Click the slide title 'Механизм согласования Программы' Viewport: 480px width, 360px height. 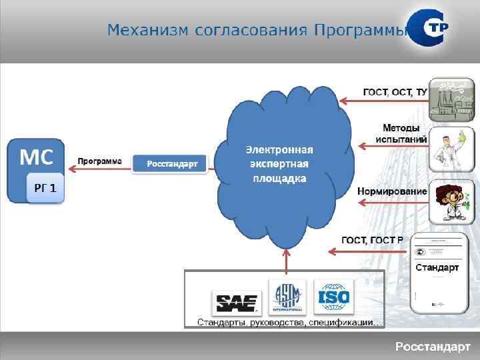click(257, 31)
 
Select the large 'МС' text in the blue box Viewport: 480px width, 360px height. click(36, 157)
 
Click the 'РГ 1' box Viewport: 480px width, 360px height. click(45, 189)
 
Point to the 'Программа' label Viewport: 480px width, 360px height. click(100, 161)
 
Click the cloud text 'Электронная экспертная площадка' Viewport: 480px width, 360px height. click(279, 164)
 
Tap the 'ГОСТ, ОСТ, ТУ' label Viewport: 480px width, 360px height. click(395, 91)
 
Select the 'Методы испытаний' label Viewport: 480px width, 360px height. click(401, 133)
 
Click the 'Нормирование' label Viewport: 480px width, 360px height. click(392, 191)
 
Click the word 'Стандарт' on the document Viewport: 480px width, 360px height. click(437, 268)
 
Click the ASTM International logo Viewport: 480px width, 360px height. click(287, 297)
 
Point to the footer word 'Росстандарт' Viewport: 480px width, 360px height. click(433, 347)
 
